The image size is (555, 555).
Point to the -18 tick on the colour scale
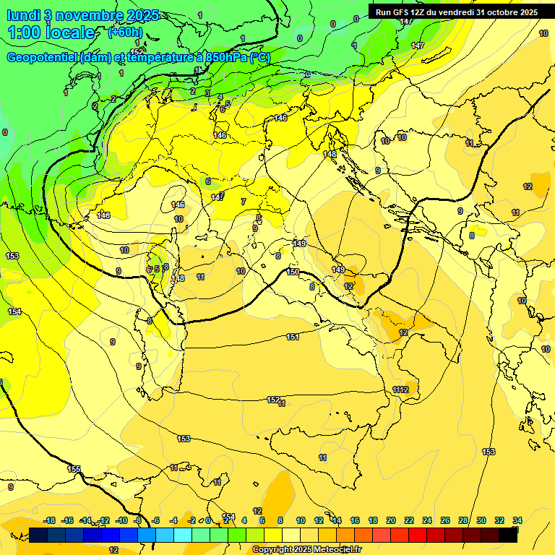[x=49, y=520]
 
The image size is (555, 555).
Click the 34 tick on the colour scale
[x=517, y=520]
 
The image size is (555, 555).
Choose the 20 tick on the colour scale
[x=391, y=520]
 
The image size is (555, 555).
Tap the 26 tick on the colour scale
[x=445, y=520]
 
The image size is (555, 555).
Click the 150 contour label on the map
[x=293, y=272]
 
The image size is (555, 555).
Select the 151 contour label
[x=293, y=337]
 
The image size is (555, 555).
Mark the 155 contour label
[x=74, y=469]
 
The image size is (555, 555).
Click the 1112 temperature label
[x=400, y=390]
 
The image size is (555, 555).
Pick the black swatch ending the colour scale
[x=508, y=535]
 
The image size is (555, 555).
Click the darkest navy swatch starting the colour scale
[x=39, y=535]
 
